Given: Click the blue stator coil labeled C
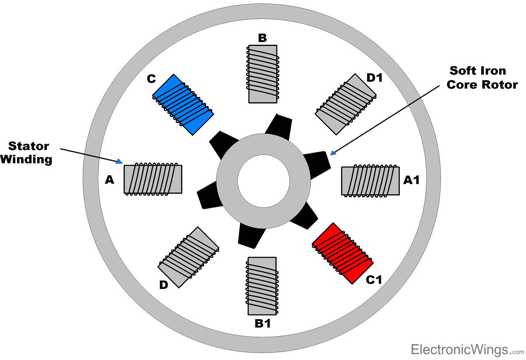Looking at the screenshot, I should click(183, 104).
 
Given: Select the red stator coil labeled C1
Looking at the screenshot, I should click(342, 253).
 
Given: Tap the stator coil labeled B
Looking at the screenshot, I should click(263, 74).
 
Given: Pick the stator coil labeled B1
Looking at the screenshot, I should click(262, 286).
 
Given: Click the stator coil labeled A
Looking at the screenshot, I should click(153, 179).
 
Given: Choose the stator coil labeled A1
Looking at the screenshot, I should click(370, 180).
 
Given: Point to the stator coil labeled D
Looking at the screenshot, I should click(188, 257).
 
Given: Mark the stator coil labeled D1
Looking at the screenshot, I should click(345, 104).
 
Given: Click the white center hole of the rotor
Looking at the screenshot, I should click(263, 180).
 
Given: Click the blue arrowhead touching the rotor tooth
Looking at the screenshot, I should click(333, 153).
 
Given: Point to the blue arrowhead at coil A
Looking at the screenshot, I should click(119, 161).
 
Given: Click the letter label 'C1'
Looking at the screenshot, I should click(374, 280).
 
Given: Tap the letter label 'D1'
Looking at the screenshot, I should click(375, 78).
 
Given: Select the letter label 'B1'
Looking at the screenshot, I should click(263, 324).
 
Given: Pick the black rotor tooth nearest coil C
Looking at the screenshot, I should click(222, 143).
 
